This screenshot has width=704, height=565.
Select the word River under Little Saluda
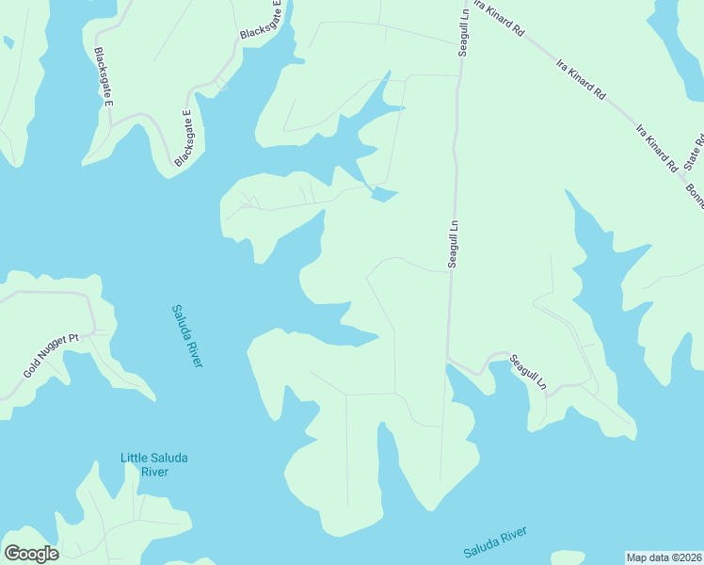click(154, 471)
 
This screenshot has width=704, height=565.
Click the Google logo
click(31, 554)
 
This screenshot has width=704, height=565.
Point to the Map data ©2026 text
click(664, 557)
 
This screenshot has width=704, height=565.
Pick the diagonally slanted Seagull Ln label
click(528, 372)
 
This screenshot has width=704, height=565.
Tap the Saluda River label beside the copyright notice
click(495, 542)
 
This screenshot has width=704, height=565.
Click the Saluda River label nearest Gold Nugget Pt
click(187, 335)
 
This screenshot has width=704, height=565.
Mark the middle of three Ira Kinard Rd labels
click(581, 85)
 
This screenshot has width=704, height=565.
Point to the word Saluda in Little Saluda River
click(169, 459)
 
